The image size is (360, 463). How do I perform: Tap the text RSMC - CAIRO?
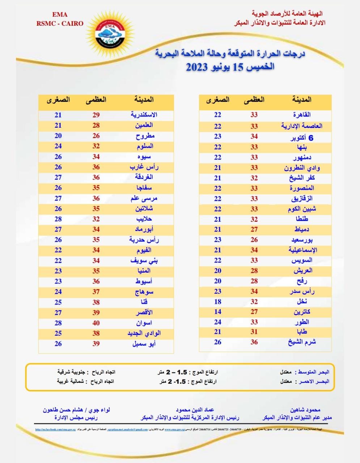point(60,24)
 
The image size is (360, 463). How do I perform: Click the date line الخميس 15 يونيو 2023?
point(230,67)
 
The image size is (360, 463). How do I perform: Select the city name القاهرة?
point(302,115)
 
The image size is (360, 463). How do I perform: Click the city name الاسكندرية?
point(144,115)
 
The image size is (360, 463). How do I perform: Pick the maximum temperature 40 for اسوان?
point(96,323)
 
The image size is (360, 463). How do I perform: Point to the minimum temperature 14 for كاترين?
point(217,312)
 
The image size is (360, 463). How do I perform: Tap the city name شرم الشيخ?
point(302,342)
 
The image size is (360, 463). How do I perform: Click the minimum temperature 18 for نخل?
point(217,302)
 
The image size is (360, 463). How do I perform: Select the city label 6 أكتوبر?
point(302,138)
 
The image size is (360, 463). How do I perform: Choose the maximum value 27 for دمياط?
point(254,229)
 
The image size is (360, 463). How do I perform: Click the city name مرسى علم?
point(144,198)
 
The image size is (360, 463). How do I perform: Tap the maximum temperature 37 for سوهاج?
point(96,292)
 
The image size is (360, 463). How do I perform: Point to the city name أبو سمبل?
point(144,344)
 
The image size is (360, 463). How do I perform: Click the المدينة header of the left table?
point(144,99)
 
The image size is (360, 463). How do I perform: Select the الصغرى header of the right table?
point(218,99)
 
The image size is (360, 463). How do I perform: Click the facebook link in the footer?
point(55,430)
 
